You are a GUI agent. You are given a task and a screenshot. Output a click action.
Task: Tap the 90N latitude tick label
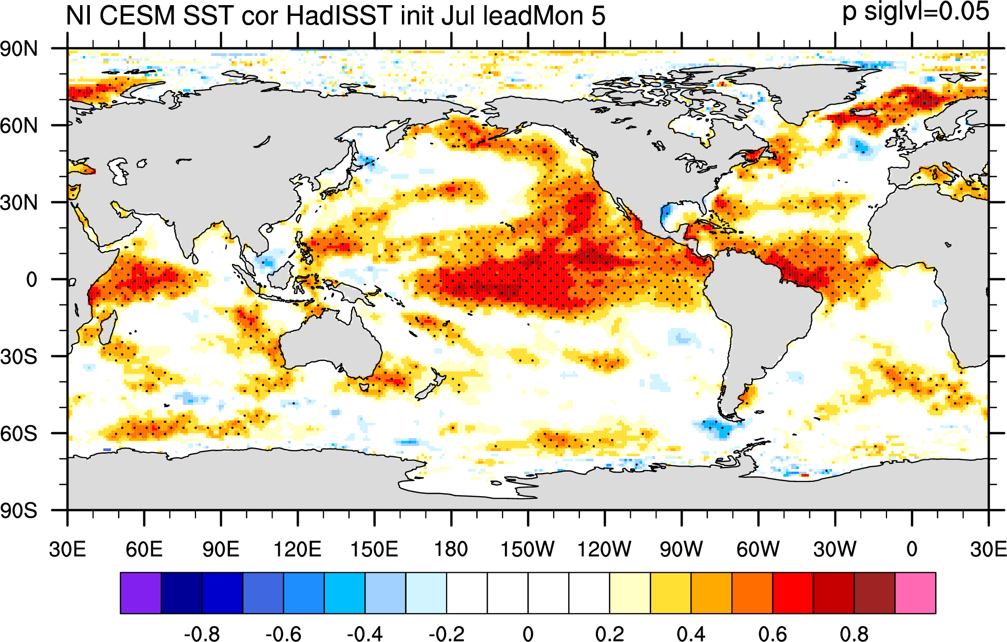19,49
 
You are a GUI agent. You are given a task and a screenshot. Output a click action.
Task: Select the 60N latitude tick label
19,126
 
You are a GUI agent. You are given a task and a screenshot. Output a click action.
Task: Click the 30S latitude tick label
19,357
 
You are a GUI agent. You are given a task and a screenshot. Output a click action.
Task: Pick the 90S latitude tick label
19,511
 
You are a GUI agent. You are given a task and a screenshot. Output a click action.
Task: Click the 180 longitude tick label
451,550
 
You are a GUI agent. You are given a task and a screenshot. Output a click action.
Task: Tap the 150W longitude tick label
528,550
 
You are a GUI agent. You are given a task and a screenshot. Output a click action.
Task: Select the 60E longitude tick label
144,550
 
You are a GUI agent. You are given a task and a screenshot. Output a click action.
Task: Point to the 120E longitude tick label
298,550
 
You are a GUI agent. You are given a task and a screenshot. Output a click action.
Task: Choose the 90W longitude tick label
681,550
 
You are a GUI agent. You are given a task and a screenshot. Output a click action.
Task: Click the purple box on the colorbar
141,593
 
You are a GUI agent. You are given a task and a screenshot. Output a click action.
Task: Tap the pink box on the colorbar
915,593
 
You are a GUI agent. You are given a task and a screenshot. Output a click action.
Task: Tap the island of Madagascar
108,327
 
